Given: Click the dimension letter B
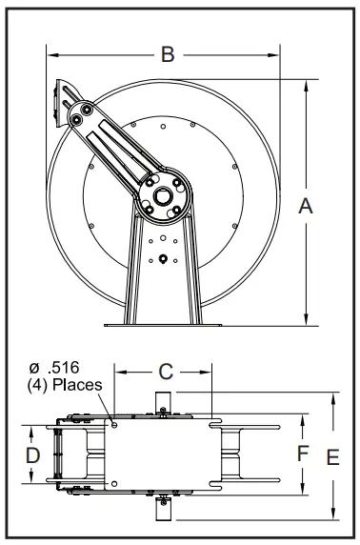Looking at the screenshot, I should coord(167,55).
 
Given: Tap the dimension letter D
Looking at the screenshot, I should coord(32,455).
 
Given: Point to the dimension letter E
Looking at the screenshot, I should coord(332,457).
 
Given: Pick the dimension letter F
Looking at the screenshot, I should coord(301,454).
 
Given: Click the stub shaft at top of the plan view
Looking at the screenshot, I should coord(162,400).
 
